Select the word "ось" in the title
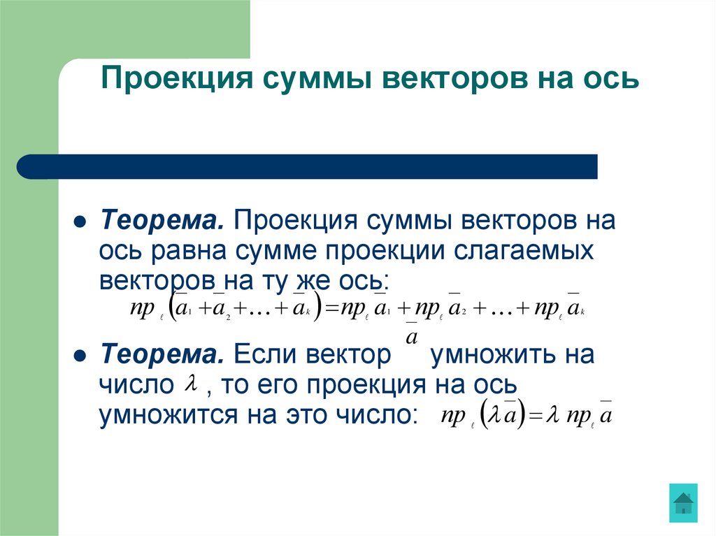tap(612, 79)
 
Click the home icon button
tap(682, 502)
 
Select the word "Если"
tap(266, 354)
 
